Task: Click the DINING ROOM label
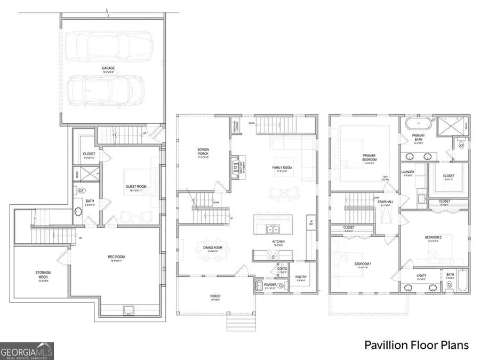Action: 212,247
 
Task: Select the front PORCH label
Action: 215,297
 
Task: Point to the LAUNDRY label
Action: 408,172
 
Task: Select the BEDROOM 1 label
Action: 364,263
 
